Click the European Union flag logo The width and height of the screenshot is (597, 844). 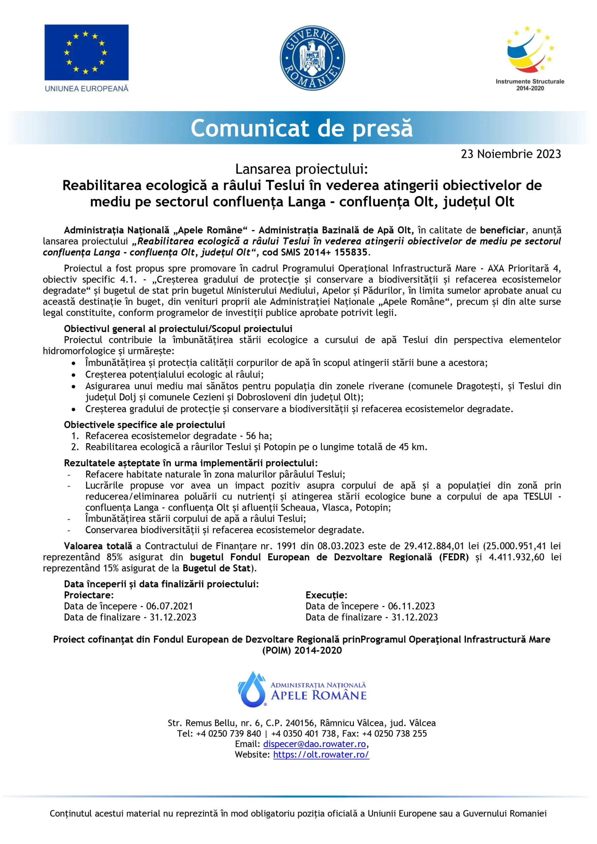86,52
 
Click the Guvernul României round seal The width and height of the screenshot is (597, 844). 312,58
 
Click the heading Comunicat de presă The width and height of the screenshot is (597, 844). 301,128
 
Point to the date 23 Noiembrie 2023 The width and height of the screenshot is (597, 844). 511,154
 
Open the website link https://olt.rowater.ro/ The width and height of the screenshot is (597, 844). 321,754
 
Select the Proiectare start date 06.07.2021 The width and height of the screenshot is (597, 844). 169,606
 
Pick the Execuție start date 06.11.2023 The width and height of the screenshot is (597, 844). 411,606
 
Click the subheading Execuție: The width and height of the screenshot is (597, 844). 326,595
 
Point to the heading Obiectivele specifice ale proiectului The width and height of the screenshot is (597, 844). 144,425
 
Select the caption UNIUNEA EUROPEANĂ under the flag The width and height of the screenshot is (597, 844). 86,89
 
